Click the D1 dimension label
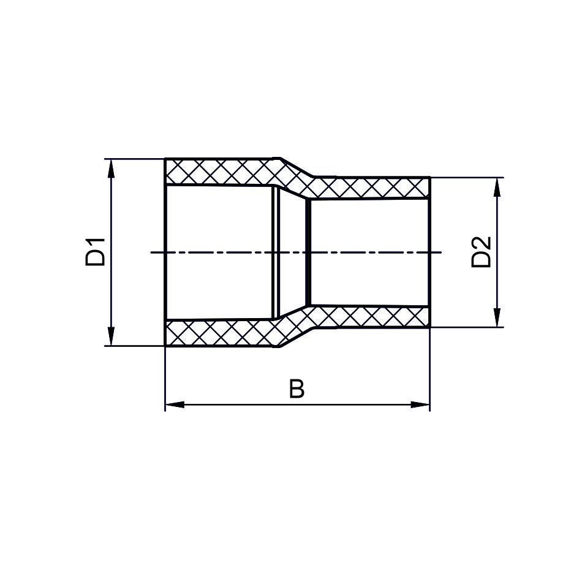96,253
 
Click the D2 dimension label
481,253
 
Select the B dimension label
297,389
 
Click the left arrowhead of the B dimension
175,404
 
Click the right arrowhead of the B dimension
420,404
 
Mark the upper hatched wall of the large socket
221,172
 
